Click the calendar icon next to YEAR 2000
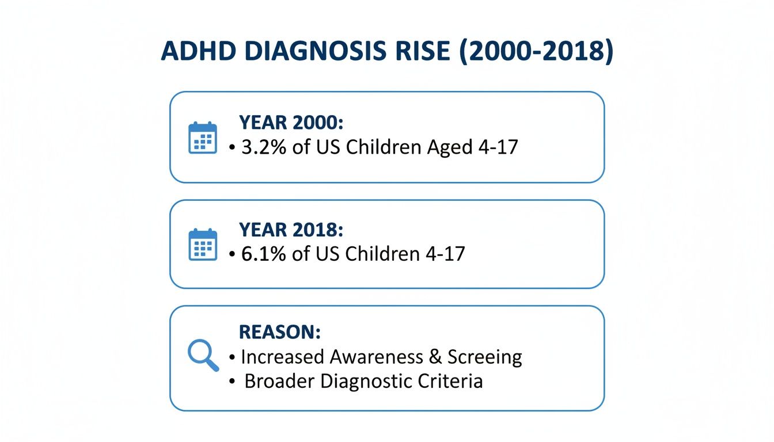(203, 138)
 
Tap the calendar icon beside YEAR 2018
(203, 245)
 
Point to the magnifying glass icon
(203, 355)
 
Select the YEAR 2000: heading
(291, 123)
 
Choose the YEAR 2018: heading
(291, 230)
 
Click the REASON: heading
(280, 332)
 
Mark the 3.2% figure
(264, 147)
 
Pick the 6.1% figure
(264, 254)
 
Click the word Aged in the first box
(450, 148)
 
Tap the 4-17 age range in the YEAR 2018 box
(445, 254)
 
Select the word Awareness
(376, 357)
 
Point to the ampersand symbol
(435, 357)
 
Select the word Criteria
(450, 381)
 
